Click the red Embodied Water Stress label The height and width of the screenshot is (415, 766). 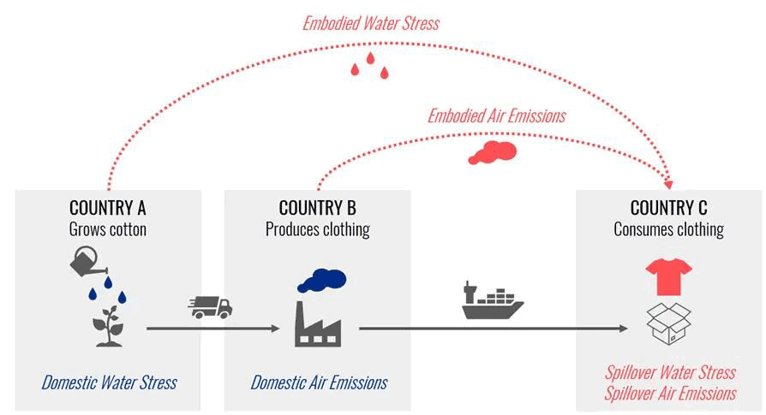pyautogui.click(x=371, y=23)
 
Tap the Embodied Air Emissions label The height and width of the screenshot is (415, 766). pyautogui.click(x=496, y=116)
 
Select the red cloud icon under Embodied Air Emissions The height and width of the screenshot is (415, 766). pyautogui.click(x=493, y=152)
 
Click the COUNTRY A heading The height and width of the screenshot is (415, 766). pyautogui.click(x=107, y=208)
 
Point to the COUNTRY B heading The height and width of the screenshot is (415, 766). pyautogui.click(x=318, y=208)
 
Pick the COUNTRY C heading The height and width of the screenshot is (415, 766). pyautogui.click(x=669, y=208)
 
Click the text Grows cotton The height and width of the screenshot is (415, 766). pyautogui.click(x=107, y=229)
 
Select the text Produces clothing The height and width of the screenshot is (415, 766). pyautogui.click(x=318, y=229)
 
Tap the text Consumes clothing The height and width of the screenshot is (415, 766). pyautogui.click(x=669, y=229)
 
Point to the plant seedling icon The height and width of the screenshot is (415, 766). pyautogui.click(x=109, y=326)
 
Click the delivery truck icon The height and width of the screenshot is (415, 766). pyautogui.click(x=210, y=307)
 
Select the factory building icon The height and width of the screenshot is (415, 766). pyautogui.click(x=318, y=325)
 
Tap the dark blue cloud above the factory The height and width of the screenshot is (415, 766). pyautogui.click(x=321, y=281)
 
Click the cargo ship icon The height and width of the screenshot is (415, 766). pyautogui.click(x=493, y=301)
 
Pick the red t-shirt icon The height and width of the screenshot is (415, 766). pyautogui.click(x=669, y=276)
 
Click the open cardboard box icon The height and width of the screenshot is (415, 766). pyautogui.click(x=669, y=323)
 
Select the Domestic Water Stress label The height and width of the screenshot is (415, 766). pyautogui.click(x=109, y=382)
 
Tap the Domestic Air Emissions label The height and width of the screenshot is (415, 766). pyautogui.click(x=319, y=382)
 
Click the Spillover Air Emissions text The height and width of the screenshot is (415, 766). pyautogui.click(x=670, y=394)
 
